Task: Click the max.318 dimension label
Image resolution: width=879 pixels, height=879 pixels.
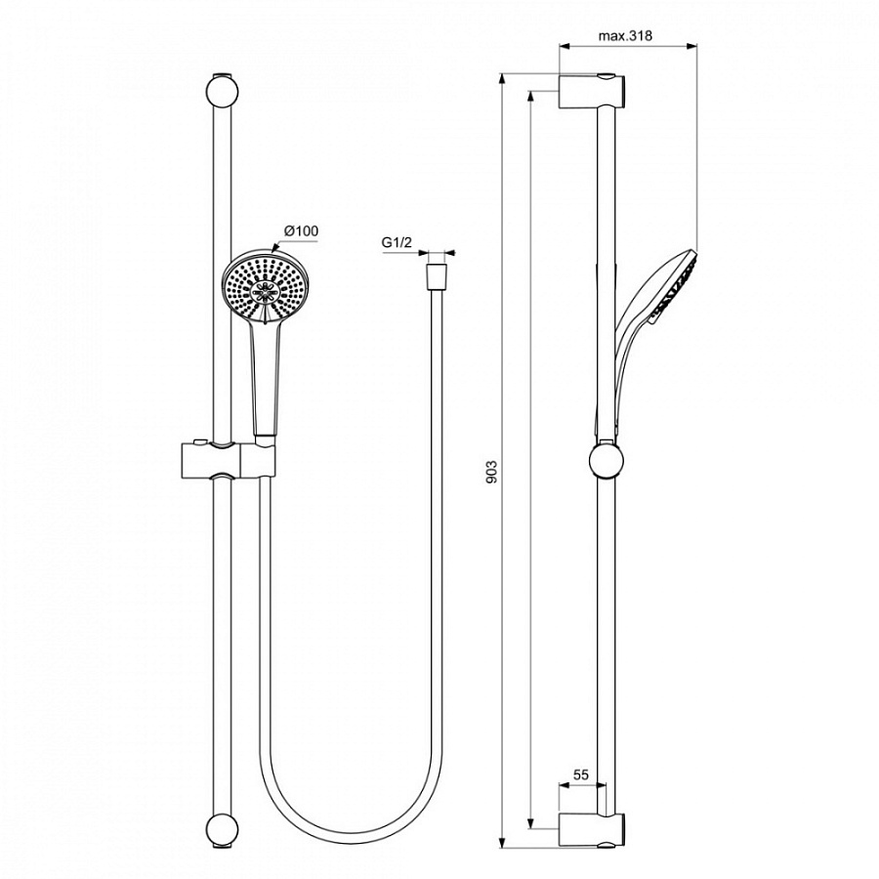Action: [x=625, y=36]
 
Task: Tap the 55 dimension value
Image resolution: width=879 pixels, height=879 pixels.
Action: [x=580, y=774]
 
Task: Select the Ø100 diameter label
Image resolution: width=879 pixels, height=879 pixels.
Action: [x=301, y=230]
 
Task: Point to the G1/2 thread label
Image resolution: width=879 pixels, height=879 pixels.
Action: [x=397, y=242]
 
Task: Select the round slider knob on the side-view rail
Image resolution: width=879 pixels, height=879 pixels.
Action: [x=607, y=460]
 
